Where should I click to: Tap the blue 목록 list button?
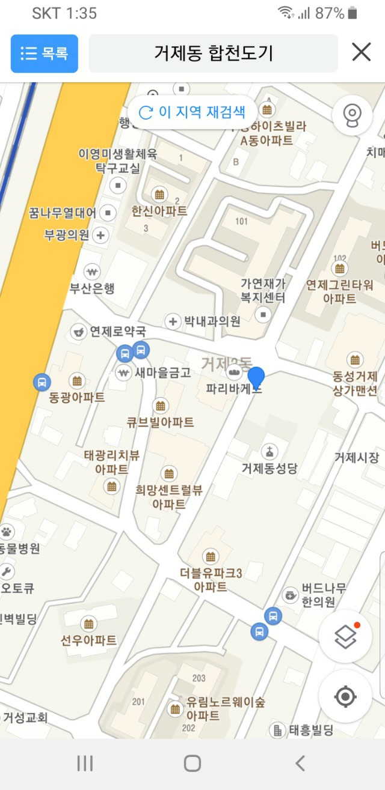pos(45,53)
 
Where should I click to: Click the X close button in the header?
pos(361,53)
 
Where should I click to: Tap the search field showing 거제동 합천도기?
pos(213,53)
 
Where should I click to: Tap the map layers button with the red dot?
pos(345,636)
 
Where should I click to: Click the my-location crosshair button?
pos(345,696)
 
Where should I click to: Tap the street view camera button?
pos(351,114)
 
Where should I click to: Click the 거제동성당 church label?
pos(269,467)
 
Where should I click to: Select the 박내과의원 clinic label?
pos(212,321)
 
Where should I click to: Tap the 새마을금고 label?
pos(162,372)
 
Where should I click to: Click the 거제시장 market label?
pos(357,458)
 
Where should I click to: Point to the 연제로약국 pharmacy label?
pos(117,331)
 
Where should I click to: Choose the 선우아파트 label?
pos(88,640)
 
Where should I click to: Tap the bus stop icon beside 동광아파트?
pos(42,381)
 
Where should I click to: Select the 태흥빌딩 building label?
pos(311,731)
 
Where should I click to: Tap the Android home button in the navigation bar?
pos(192,764)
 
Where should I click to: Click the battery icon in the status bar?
pos(353,13)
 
